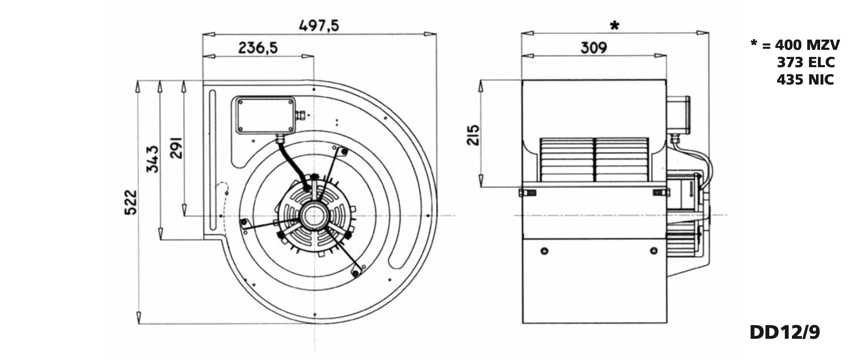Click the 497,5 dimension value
coord(319,26)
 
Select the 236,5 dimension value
coord(258,48)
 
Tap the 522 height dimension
coord(131,202)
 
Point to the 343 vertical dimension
coord(153,159)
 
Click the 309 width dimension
coord(594,48)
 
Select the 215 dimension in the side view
coord(473,135)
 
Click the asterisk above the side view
coord(615,25)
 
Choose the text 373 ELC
coord(806,62)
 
